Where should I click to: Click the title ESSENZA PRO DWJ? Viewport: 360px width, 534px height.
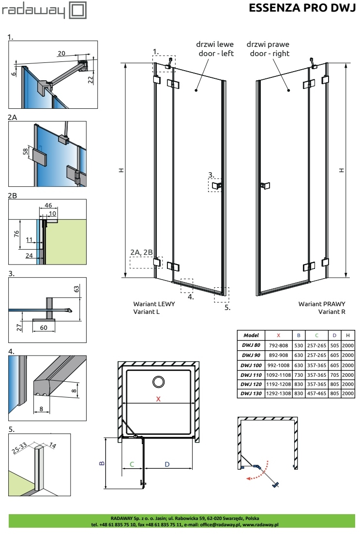pos(302,7)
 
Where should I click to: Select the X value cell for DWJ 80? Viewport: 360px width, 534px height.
pos(278,345)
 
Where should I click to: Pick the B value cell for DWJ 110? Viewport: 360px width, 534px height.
pos(299,375)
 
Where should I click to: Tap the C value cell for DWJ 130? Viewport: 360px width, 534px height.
pos(316,393)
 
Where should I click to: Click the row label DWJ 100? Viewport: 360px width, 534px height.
pos(251,365)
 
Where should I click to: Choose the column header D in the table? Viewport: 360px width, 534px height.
pos(334,336)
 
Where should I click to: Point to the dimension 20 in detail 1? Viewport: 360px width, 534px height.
pos(61,54)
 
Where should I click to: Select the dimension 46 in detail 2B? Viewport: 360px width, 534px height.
pos(48,206)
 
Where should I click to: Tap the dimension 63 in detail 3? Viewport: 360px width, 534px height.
pos(76,289)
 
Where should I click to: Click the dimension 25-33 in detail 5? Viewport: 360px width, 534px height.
pos(19,448)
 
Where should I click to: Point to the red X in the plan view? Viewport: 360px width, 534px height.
pos(158,399)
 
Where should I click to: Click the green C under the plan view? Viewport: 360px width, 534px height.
pos(132,464)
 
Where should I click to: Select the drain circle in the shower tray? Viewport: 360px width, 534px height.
pos(158,382)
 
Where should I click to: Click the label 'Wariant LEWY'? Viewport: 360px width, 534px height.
pos(154,304)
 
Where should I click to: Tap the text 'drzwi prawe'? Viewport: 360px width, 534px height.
pos(268,44)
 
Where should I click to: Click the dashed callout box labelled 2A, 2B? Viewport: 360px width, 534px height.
pos(146,263)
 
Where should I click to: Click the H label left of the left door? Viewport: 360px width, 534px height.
pos(121,170)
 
